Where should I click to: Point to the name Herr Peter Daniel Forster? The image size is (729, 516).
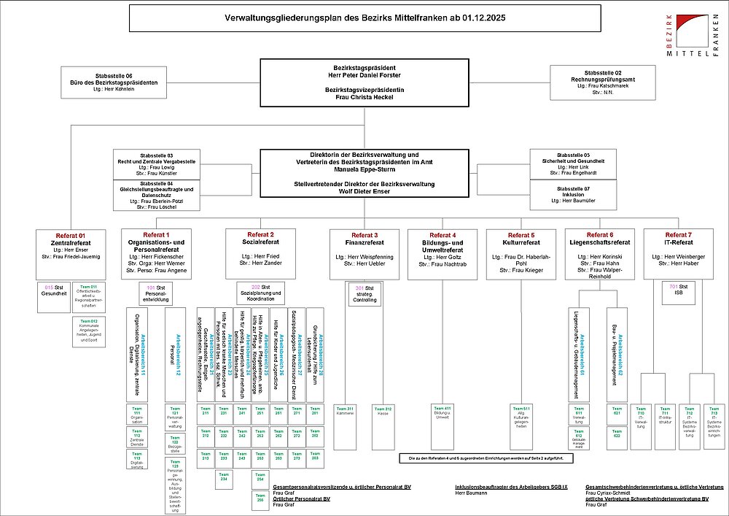coord(362,75)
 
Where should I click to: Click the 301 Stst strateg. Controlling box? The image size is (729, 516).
coord(365,293)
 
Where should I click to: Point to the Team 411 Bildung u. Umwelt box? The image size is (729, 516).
coord(443,412)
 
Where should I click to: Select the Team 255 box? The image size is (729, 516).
coord(260,499)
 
